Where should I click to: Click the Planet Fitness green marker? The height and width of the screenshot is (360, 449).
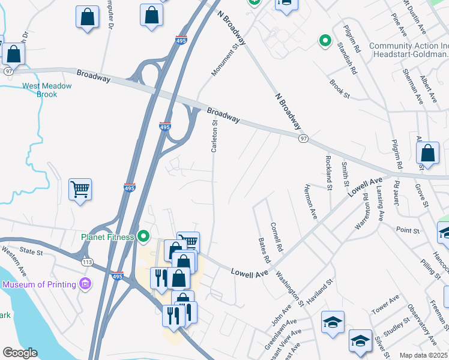point(143,236)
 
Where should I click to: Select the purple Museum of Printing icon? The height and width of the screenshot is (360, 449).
point(85,283)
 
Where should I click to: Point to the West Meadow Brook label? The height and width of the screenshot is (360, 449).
point(47,90)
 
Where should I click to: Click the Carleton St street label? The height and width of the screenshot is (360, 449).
point(214,136)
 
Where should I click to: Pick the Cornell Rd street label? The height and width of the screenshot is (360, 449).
point(276,236)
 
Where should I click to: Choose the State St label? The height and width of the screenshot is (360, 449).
point(31,253)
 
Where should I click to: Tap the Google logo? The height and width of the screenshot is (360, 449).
point(20,353)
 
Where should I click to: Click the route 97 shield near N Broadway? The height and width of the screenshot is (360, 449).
point(304,139)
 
